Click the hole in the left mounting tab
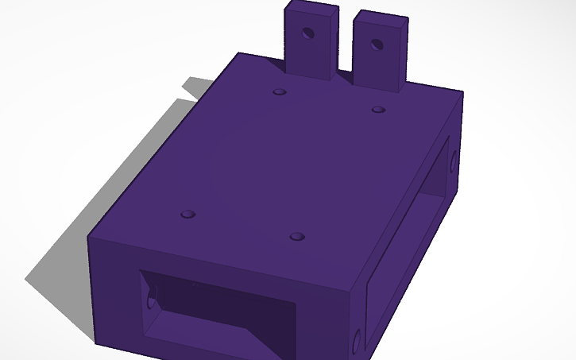pos(307,34)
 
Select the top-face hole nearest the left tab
pos(279,92)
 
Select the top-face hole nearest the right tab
pos(378,109)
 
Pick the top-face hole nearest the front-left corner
pos(188,215)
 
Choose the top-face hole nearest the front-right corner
pos(297,237)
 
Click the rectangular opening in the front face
pos(215,310)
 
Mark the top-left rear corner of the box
pos(238,53)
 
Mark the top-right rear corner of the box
pos(462,92)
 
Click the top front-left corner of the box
pos(88,236)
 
